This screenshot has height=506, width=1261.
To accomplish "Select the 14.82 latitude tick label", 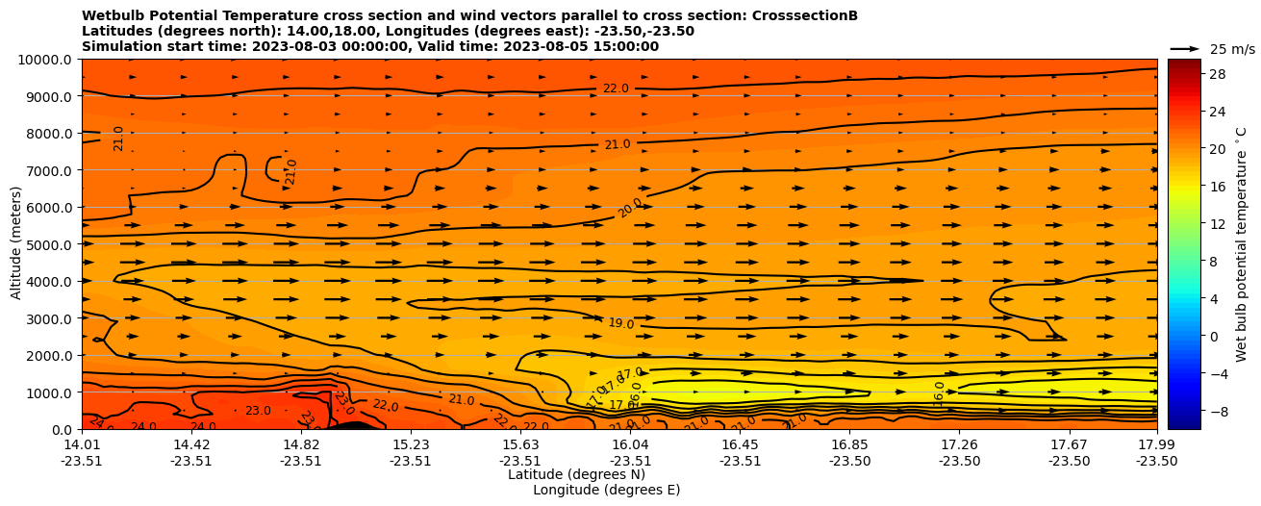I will click(301, 444).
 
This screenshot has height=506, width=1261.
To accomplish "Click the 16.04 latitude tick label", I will click(630, 444).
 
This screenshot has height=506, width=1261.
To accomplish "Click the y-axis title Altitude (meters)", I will click(16, 244).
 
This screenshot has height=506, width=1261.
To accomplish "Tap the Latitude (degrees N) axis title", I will click(576, 474).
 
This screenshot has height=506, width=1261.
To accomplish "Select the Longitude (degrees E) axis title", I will click(606, 490).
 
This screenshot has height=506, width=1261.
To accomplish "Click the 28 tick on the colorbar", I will click(1216, 74).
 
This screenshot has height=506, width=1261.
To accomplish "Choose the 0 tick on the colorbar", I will click(1212, 336).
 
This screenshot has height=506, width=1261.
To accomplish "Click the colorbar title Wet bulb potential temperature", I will click(1241, 244).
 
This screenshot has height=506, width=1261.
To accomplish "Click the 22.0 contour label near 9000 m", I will click(616, 89).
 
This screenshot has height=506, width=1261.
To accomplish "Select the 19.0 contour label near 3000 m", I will click(621, 324).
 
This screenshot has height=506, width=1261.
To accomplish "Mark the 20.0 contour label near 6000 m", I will click(631, 207).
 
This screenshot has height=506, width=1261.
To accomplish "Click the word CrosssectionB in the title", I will click(791, 15).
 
